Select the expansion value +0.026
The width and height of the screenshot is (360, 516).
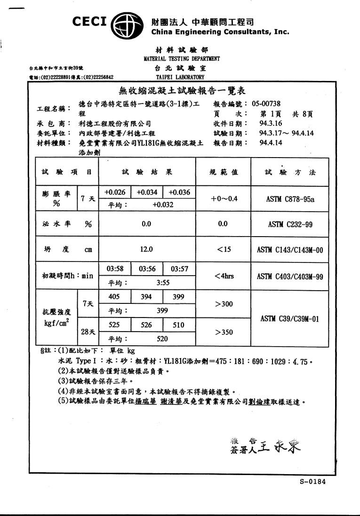(115, 192)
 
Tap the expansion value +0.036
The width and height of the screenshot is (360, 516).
(179, 192)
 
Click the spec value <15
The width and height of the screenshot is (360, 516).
(224, 249)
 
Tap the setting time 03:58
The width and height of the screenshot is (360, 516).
(115, 269)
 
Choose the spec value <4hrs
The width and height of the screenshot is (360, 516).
(224, 276)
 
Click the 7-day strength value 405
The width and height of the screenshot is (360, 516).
(114, 297)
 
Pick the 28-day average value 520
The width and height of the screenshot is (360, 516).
(163, 338)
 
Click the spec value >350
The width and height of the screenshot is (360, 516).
(224, 332)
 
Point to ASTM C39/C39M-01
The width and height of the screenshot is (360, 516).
(290, 319)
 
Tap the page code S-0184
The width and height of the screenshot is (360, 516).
(312, 482)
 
